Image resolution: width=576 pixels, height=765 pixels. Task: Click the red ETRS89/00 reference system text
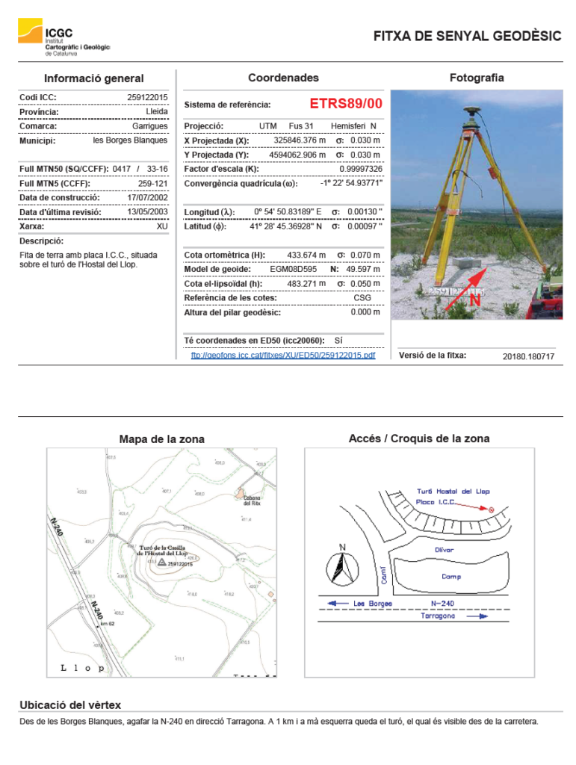pyautogui.click(x=345, y=104)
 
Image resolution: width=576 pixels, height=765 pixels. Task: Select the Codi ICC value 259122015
pyautogui.click(x=147, y=97)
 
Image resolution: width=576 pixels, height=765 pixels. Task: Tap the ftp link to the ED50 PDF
pyautogui.click(x=283, y=355)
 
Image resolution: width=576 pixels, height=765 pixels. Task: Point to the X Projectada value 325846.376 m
pyautogui.click(x=300, y=140)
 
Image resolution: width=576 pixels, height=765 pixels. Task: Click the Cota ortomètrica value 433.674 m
pyautogui.click(x=306, y=255)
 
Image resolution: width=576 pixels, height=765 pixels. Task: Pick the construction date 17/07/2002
pyautogui.click(x=147, y=198)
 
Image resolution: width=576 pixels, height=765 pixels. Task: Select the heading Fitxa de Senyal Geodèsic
pyautogui.click(x=467, y=36)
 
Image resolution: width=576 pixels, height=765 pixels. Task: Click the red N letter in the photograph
pyautogui.click(x=474, y=301)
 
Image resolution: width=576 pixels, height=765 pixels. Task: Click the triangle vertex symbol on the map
pyautogui.click(x=161, y=561)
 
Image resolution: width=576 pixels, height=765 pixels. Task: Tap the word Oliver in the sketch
pyautogui.click(x=445, y=550)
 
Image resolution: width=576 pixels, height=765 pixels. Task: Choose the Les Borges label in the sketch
pyautogui.click(x=373, y=603)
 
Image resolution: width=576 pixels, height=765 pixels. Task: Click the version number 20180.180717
pyautogui.click(x=528, y=356)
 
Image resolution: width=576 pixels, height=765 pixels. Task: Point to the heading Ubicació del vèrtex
pyautogui.click(x=70, y=704)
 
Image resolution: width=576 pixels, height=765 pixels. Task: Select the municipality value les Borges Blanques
pyautogui.click(x=130, y=140)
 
